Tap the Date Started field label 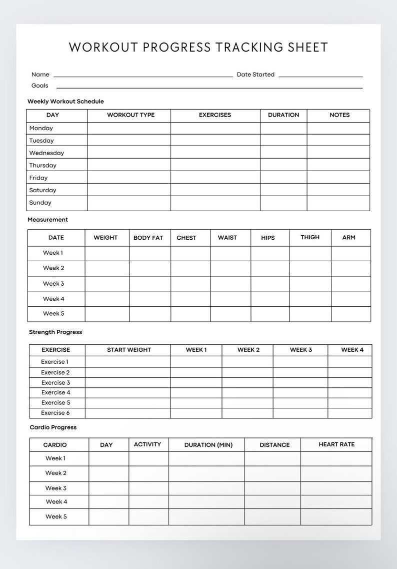coord(255,75)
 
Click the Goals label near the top coord(40,86)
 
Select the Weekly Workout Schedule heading coord(65,102)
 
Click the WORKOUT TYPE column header coord(130,115)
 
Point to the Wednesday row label coord(46,153)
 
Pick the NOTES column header coord(339,115)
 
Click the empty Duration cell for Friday coord(283,178)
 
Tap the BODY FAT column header coord(148,238)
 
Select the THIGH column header coord(310,237)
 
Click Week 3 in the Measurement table coord(53,284)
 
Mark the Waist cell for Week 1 coord(230,253)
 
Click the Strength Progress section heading coord(55,332)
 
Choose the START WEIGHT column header coord(129,350)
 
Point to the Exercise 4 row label coord(55,393)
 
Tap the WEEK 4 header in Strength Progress coord(352,350)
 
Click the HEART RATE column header coord(336,444)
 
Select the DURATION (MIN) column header coord(208,445)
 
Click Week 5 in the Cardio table coord(56,516)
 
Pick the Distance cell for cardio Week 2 coord(272,473)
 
